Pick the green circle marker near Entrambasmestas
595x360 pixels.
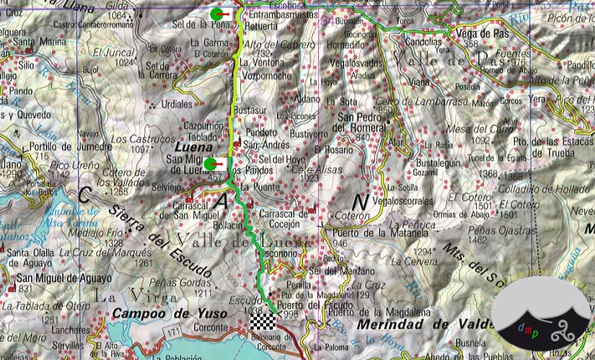(x=218, y=14)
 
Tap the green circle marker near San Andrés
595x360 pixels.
(x=212, y=164)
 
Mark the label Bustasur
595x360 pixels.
(x=251, y=111)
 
